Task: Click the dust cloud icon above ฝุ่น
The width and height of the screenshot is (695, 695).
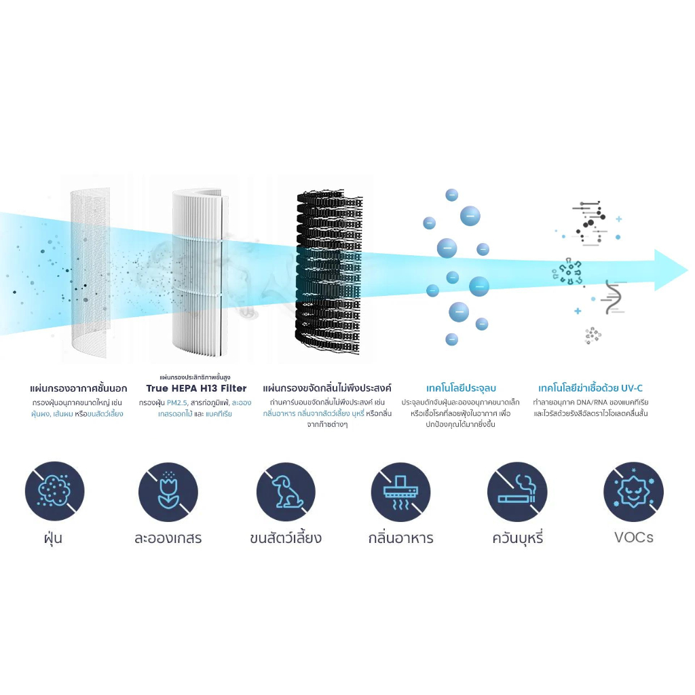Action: pos(54,491)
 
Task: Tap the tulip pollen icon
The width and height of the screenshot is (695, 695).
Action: pos(168,491)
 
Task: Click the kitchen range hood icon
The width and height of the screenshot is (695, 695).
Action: pos(400,491)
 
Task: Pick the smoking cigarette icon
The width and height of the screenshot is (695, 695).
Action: pos(517,491)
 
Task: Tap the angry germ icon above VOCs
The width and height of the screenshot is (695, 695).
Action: pos(633,491)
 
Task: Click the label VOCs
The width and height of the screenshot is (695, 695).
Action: pos(634,538)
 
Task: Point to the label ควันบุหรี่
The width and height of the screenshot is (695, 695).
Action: pos(518,538)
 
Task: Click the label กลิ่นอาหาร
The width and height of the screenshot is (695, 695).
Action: pos(400,538)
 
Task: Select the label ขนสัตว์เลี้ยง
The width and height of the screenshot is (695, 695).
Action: pos(286,538)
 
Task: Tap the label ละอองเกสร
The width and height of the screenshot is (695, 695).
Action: pos(168,538)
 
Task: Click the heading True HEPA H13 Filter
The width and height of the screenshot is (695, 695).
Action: pos(196,388)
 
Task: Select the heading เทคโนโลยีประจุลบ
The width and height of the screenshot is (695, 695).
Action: pos(461,388)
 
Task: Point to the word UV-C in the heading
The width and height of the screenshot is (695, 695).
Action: pos(632,388)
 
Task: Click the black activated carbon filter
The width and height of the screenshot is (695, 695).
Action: pos(329,271)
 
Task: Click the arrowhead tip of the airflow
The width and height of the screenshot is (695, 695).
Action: pos(688,270)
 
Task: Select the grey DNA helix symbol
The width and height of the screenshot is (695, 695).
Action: pos(614,297)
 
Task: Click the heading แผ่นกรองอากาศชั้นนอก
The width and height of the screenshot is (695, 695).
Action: pos(79,389)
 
